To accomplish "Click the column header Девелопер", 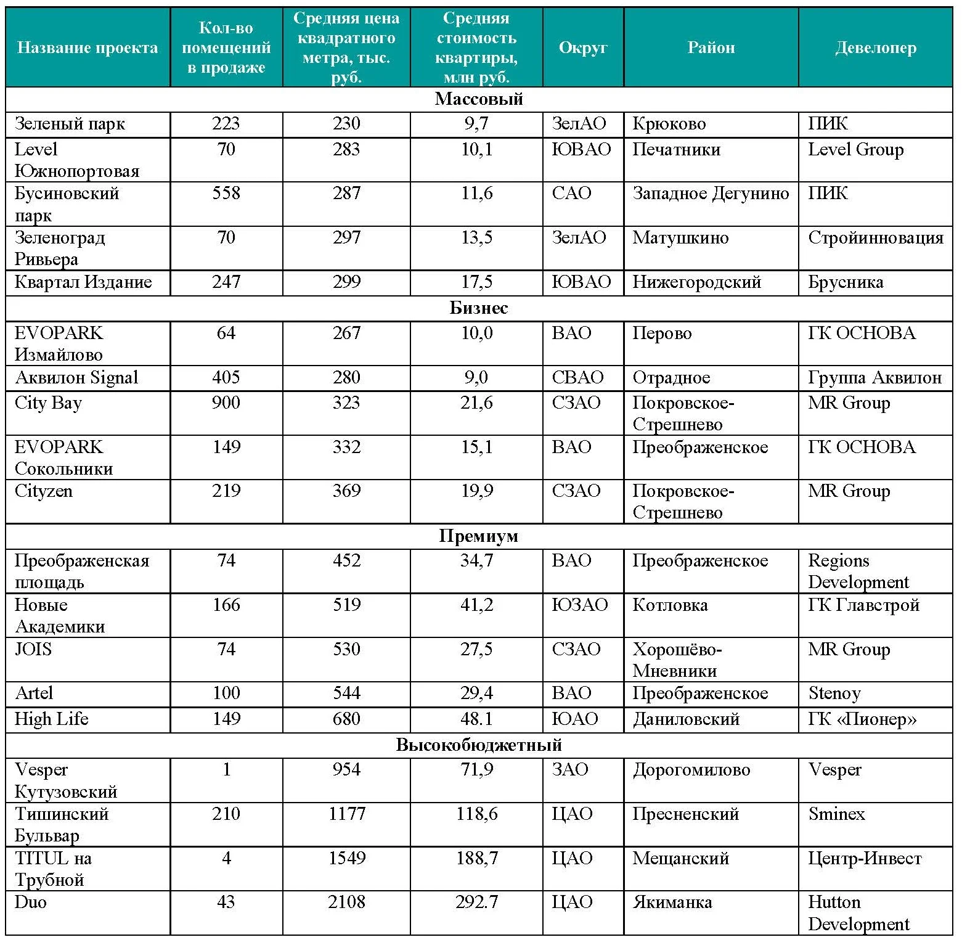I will pyautogui.click(x=875, y=48).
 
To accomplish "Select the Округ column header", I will pyautogui.click(x=583, y=48).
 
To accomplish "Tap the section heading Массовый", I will pyautogui.click(x=479, y=99).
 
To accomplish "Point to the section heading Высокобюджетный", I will pyautogui.click(x=479, y=745).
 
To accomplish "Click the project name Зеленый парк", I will pyautogui.click(x=70, y=124).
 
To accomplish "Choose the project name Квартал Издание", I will pyautogui.click(x=83, y=282).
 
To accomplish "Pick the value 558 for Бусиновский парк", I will pyautogui.click(x=226, y=194).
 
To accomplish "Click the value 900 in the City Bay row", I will pyautogui.click(x=226, y=403).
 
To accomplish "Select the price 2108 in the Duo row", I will pyautogui.click(x=347, y=902).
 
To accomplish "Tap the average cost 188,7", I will pyautogui.click(x=476, y=858).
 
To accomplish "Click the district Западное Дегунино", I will pyautogui.click(x=711, y=194).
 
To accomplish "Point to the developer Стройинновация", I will pyautogui.click(x=876, y=238).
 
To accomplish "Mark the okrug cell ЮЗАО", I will pyautogui.click(x=580, y=605).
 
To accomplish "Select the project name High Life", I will pyautogui.click(x=52, y=719).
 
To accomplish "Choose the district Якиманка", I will pyautogui.click(x=672, y=902).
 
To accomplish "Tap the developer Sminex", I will pyautogui.click(x=836, y=814).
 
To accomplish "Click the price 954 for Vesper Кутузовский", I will pyautogui.click(x=347, y=769).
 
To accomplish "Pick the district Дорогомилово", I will pyautogui.click(x=691, y=769).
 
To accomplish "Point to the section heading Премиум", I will pyautogui.click(x=479, y=536).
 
